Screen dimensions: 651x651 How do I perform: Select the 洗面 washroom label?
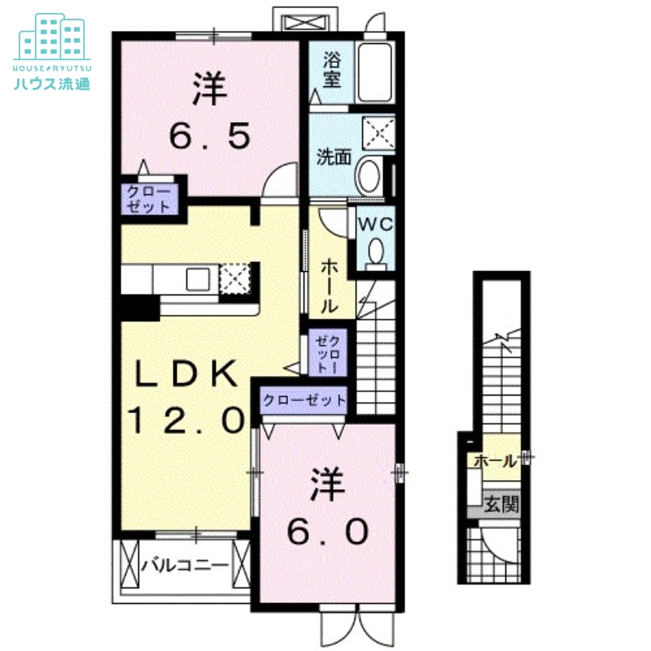coord(334,156)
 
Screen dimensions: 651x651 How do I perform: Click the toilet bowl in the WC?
coord(376,253)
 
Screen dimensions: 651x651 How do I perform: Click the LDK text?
coord(186,374)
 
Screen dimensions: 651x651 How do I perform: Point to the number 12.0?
coord(186,420)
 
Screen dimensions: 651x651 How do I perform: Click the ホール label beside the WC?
coord(330,286)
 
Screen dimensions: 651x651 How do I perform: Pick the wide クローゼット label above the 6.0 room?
coord(304,400)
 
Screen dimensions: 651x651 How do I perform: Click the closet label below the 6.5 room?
coord(147,199)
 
